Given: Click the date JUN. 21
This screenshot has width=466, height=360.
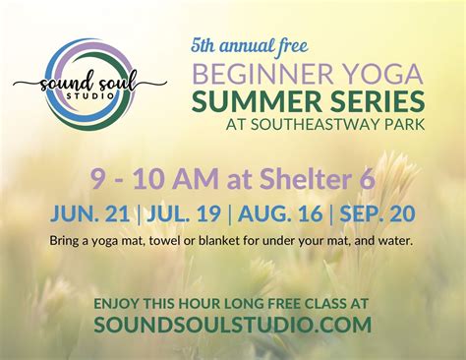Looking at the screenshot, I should coord(95,211).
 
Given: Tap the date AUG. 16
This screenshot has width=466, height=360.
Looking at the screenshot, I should coord(281,211).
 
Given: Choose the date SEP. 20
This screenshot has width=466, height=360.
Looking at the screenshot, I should coord(377,211).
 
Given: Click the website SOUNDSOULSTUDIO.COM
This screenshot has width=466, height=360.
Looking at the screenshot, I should coord(232,325).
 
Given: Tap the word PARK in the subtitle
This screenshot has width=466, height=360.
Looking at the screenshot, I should coord(403,125).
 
